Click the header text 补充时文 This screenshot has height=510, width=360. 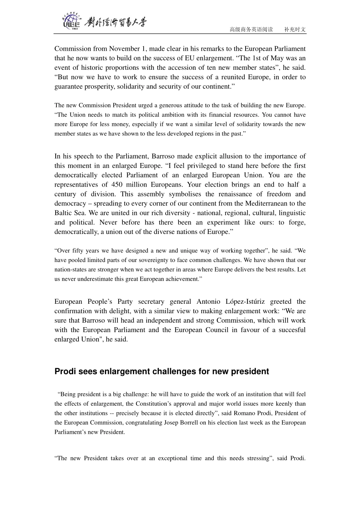pyautogui.click(x=295, y=29)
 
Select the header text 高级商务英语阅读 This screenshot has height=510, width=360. pyautogui.click(x=251, y=29)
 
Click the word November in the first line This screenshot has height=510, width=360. pyautogui.click(x=124, y=49)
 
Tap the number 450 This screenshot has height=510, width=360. pyautogui.click(x=117, y=185)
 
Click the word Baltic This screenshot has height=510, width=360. pyautogui.click(x=63, y=213)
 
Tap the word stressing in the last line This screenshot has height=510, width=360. pyautogui.click(x=256, y=458)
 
